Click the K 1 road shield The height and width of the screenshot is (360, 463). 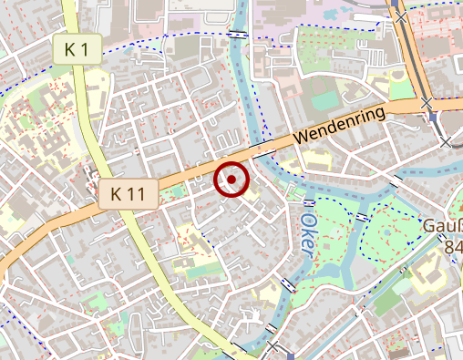pos(77,50)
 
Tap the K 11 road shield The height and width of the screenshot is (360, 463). pos(128,193)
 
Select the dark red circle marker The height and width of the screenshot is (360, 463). pos(231,180)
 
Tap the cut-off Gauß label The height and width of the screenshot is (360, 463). pos(442,226)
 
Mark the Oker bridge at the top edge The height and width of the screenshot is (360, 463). pos(237,34)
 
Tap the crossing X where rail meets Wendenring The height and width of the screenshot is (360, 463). pos(427,105)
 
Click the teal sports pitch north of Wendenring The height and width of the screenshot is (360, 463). pos(324,98)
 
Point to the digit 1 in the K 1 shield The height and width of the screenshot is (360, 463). pos(85,50)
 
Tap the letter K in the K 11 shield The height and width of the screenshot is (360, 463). pos(117,193)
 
